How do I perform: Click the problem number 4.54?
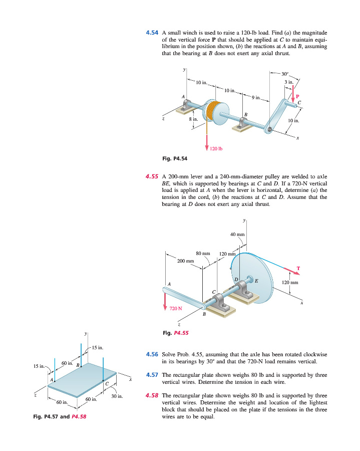tap(152, 33)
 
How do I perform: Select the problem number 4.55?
tap(152, 177)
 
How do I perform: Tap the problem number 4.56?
tap(152, 354)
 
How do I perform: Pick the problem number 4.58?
tap(152, 395)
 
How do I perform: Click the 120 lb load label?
tap(216, 149)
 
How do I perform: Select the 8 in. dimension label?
tap(194, 119)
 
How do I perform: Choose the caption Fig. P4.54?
tap(174, 159)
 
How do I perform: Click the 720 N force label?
tap(176, 308)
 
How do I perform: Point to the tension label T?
tap(298, 269)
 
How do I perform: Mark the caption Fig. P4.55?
tap(174, 332)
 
